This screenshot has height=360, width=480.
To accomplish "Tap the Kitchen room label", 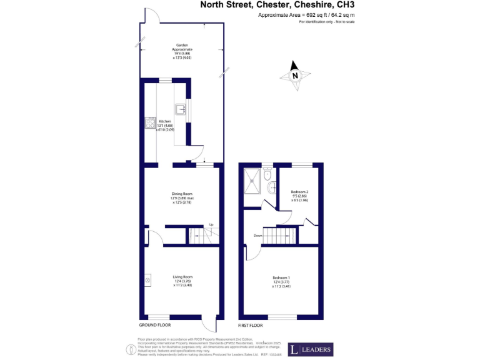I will pyautogui.click(x=165, y=121).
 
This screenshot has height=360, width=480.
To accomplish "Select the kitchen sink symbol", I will pyautogui.click(x=181, y=109).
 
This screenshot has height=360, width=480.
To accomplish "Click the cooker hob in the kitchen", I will pyautogui.click(x=150, y=123).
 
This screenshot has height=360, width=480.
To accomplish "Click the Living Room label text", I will pyautogui.click(x=182, y=277).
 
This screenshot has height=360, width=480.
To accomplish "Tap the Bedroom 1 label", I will pyautogui.click(x=281, y=277).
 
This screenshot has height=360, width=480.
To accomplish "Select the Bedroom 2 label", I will pyautogui.click(x=299, y=192).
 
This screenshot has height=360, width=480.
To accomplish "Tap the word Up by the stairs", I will pyautogui.click(x=211, y=224).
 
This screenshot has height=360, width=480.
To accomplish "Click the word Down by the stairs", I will pyautogui.click(x=257, y=236).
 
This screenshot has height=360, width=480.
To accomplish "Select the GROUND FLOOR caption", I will pyautogui.click(x=154, y=326).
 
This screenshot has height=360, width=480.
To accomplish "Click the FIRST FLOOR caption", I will pyautogui.click(x=251, y=326).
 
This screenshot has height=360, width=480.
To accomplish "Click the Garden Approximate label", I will pyautogui.click(x=183, y=47).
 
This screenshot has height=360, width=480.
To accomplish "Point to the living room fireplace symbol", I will pyautogui.click(x=148, y=280).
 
